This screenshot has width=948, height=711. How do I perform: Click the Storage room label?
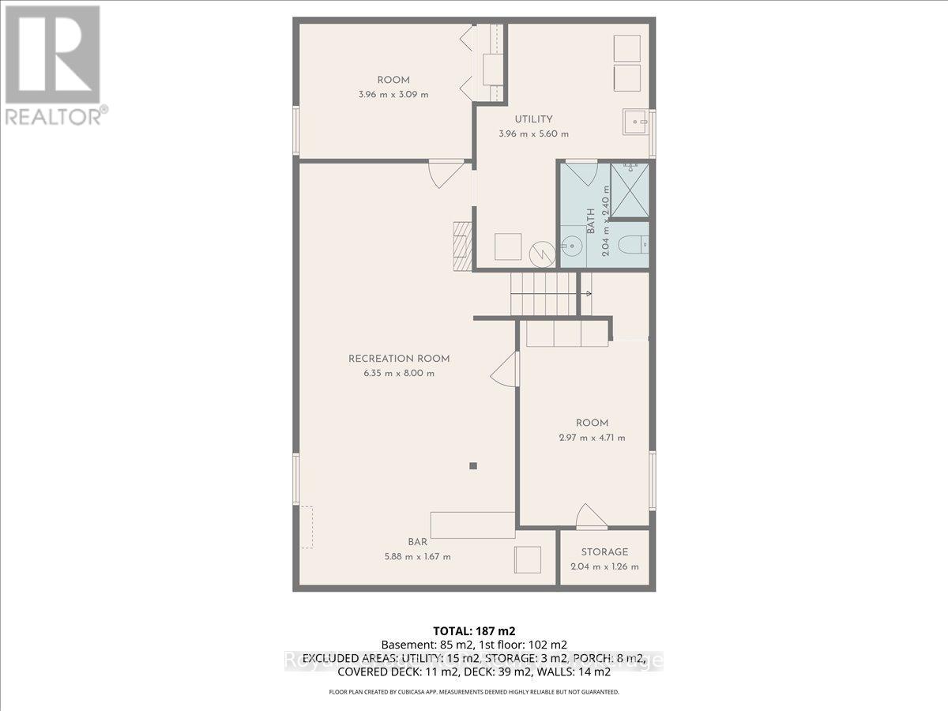(604, 551)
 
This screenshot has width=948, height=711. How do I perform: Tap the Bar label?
(418, 542)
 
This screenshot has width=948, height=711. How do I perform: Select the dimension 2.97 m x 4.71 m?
(591, 438)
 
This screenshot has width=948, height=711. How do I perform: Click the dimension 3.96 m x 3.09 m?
(393, 94)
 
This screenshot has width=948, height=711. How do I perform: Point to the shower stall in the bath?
(630, 190)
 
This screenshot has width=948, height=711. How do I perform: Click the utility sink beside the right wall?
(634, 122)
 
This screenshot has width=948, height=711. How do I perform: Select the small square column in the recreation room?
(472, 466)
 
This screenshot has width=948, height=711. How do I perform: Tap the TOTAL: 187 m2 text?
(474, 630)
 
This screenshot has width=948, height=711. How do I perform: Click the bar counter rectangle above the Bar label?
(472, 525)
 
